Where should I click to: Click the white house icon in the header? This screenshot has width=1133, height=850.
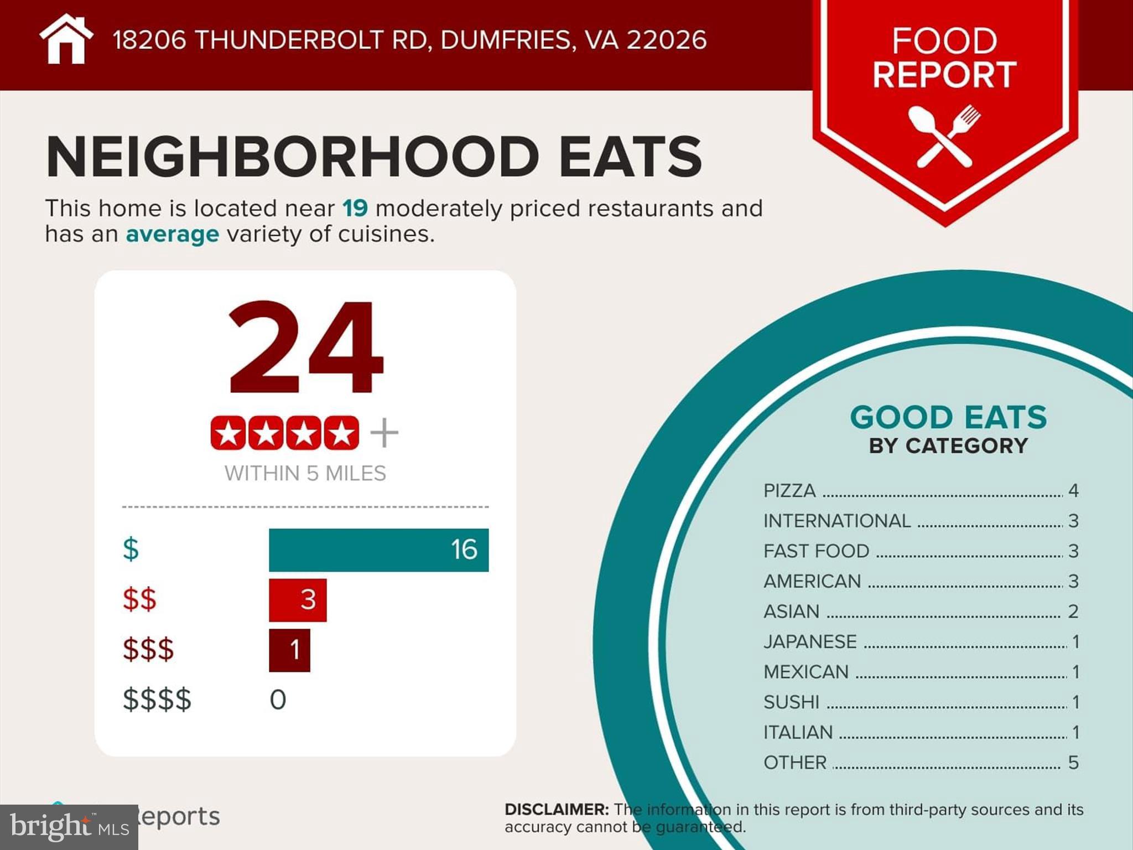[x=66, y=40]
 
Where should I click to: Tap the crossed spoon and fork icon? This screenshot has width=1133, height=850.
[x=944, y=136]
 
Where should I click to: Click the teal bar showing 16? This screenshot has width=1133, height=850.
[x=378, y=550]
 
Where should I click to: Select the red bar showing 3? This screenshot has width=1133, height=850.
[x=298, y=600]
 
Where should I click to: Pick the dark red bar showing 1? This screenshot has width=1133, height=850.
[x=289, y=650]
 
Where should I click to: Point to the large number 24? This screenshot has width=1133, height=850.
[x=305, y=348]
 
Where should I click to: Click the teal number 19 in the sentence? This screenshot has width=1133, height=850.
[x=355, y=209]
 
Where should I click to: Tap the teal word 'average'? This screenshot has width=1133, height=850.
[x=173, y=234]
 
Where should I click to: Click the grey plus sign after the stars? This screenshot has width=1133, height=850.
[x=384, y=433]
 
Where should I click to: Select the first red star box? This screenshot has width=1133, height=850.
[x=228, y=433]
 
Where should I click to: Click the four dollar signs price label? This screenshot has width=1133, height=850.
[x=157, y=699]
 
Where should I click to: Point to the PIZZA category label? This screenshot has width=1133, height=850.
[x=789, y=491]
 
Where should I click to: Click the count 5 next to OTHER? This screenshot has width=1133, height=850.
[x=1073, y=763]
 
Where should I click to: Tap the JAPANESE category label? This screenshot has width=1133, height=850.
[x=810, y=642]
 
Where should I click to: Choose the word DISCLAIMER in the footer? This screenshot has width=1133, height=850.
[x=557, y=810]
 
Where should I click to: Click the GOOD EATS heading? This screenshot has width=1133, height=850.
[x=948, y=417]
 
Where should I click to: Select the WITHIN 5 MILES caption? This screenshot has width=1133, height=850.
[x=305, y=474]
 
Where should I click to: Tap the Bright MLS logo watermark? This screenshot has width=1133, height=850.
[x=69, y=827]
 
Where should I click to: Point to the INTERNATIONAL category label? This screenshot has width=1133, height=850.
[x=837, y=521]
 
